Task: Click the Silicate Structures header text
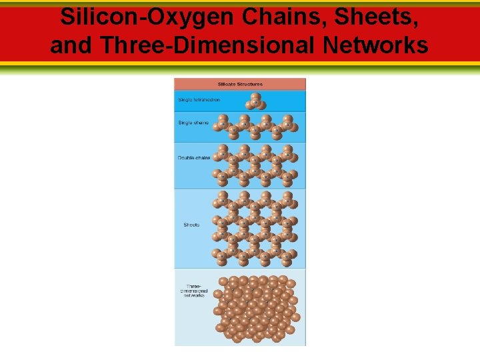pos(240,85)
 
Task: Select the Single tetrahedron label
pos(199,100)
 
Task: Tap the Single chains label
pos(193,123)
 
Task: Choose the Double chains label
pos(194,158)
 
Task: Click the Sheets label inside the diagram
pos(191,225)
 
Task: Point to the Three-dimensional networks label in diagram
pos(194,291)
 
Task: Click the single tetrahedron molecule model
pos(255,101)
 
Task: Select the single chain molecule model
pos(255,127)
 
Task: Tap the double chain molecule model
pos(255,165)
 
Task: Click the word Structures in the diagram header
pos(250,85)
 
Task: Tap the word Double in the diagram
pos(185,158)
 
